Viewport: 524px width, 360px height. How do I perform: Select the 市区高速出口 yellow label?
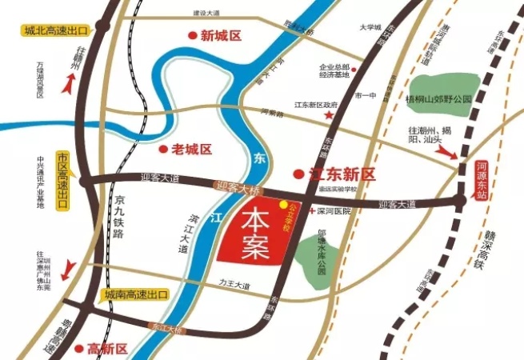tap(62, 180)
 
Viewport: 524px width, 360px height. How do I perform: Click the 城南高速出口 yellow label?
tap(134, 295)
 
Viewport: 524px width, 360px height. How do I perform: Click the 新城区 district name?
tap(221, 35)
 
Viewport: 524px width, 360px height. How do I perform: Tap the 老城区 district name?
tap(192, 149)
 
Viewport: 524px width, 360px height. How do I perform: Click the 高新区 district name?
tap(107, 349)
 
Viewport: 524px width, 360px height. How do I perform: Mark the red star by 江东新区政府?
tap(329, 117)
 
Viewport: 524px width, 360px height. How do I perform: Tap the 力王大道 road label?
tap(234, 286)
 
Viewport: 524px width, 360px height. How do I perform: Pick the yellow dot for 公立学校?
tap(282, 205)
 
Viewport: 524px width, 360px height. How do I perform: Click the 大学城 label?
tap(370, 26)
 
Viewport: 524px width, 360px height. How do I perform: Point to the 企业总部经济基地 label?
tap(335, 71)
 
